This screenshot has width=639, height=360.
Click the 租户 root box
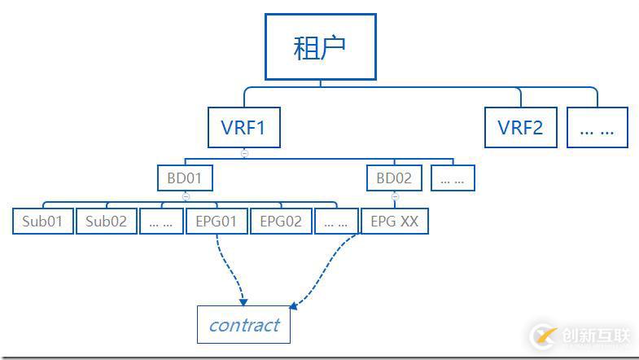coord(320,46)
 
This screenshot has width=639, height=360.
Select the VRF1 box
coord(244,128)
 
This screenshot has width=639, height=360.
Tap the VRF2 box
coord(521,128)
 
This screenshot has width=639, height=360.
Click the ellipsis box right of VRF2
coord(597,128)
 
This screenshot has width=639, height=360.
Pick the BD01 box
coord(185,178)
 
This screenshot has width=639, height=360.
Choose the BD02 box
coord(395,178)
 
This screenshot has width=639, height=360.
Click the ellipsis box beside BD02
coord(453,178)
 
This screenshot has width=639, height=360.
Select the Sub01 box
coord(43,222)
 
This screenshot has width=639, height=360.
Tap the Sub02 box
coord(107,222)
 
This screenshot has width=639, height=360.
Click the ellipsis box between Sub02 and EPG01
coord(161,222)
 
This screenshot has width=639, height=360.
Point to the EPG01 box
coord(217,222)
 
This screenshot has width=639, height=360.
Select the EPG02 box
coord(281,222)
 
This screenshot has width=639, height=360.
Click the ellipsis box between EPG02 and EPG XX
coord(336,222)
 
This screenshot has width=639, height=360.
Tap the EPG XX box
coord(394,222)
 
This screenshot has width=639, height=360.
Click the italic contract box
coord(244,325)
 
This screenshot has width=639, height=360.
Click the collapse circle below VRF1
coord(244,153)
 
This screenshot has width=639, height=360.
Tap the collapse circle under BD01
coord(185,196)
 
